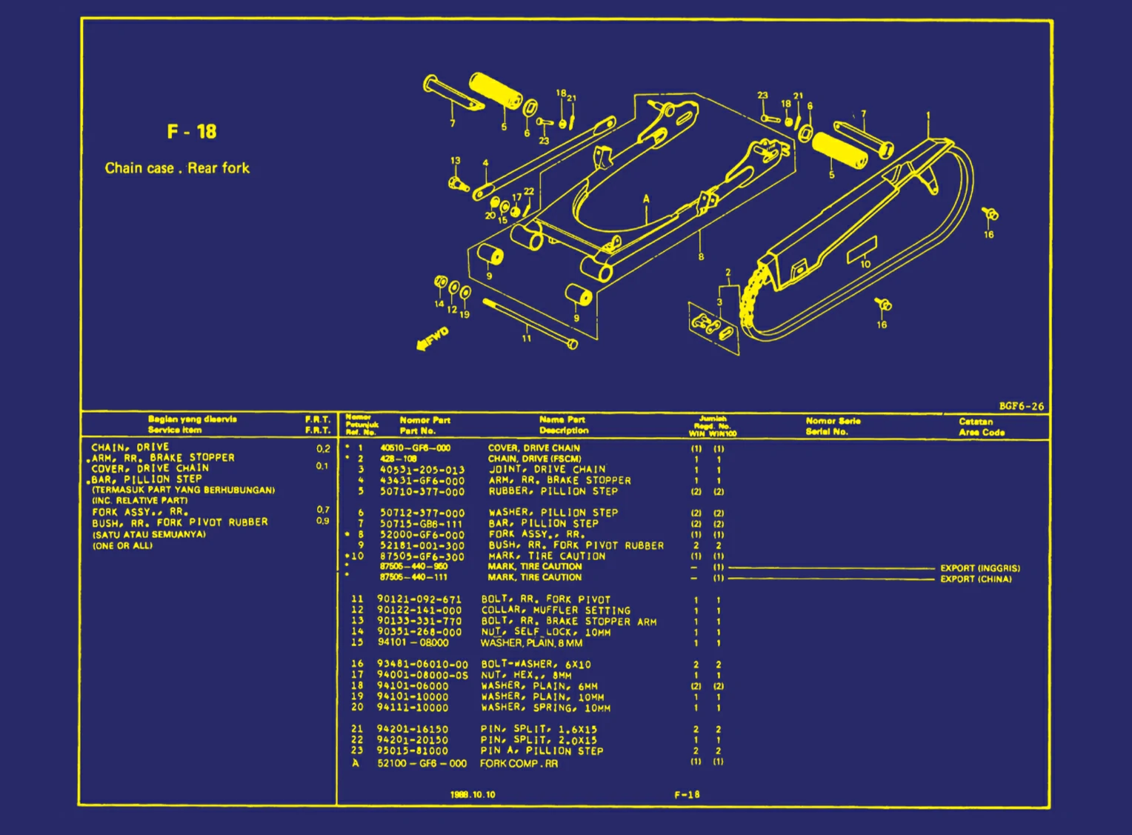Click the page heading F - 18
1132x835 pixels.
click(x=192, y=132)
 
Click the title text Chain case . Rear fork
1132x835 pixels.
click(x=177, y=168)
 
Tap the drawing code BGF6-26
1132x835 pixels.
click(x=1021, y=406)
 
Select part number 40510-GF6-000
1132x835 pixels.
click(x=415, y=448)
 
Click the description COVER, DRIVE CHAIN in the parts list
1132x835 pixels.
click(x=533, y=448)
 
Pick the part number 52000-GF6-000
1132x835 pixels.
click(x=422, y=535)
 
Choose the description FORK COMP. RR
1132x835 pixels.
click(x=519, y=763)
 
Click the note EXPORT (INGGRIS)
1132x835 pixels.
click(x=980, y=568)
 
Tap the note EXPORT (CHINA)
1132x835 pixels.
click(x=976, y=579)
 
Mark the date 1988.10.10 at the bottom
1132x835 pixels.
click(x=473, y=795)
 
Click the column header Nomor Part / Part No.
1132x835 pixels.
click(x=424, y=425)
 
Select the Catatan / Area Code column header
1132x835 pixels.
click(x=981, y=427)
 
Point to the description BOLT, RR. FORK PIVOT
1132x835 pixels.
click(x=545, y=599)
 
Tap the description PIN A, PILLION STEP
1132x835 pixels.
click(x=542, y=751)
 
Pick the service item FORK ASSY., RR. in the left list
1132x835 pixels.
click(x=140, y=512)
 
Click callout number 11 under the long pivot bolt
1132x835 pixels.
click(x=527, y=339)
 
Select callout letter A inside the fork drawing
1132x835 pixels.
click(x=646, y=199)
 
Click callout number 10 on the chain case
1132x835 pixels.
click(x=865, y=264)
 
